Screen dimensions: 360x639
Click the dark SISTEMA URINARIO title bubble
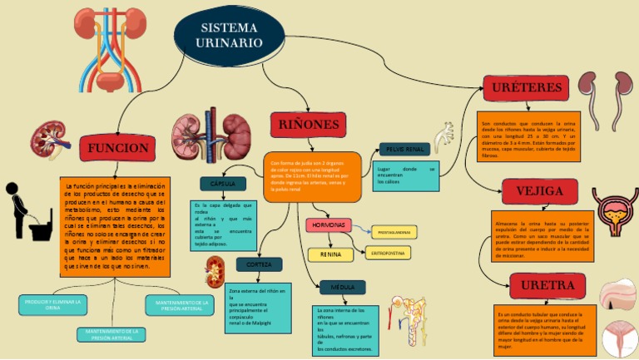pyautogui.click(x=227, y=35)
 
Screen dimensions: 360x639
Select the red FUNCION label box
pyautogui.click(x=118, y=148)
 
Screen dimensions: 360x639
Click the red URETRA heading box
pyautogui.click(x=547, y=286)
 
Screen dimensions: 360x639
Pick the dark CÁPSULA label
pyautogui.click(x=223, y=184)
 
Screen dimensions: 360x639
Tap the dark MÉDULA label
pyautogui.click(x=342, y=288)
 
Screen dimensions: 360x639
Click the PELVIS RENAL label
pyautogui.click(x=404, y=150)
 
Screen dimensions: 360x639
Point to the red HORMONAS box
pyautogui.click(x=329, y=225)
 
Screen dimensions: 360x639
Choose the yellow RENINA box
pyautogui.click(x=330, y=255)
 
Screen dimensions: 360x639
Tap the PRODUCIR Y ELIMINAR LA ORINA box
pyautogui.click(x=53, y=304)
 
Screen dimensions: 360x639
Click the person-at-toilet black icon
pyautogui.click(x=28, y=214)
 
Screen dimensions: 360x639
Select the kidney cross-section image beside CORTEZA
pyautogui.click(x=215, y=272)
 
